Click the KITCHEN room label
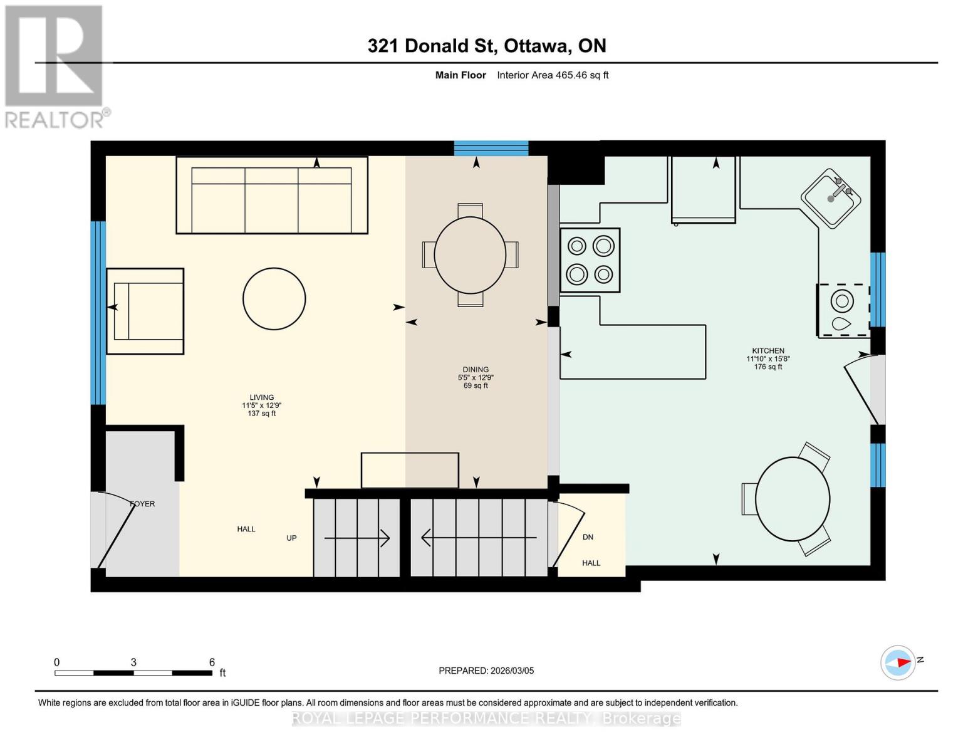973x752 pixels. [768, 351]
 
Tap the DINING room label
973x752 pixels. [476, 370]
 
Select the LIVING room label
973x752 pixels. [262, 397]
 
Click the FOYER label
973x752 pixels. [142, 504]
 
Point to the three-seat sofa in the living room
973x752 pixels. [272, 195]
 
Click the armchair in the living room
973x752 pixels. [145, 311]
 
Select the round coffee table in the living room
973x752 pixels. [274, 299]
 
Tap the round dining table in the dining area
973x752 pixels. [470, 255]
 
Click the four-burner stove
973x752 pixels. [590, 260]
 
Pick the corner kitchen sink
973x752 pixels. [831, 198]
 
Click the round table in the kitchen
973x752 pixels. [793, 499]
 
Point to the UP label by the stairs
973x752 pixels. [291, 538]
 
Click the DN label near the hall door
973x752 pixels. [588, 537]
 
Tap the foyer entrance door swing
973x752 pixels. [117, 530]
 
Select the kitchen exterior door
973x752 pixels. [863, 389]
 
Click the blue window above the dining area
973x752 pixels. [491, 149]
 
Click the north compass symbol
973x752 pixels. [898, 662]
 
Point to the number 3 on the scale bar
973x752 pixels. [133, 662]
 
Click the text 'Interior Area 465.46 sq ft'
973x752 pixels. [553, 75]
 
